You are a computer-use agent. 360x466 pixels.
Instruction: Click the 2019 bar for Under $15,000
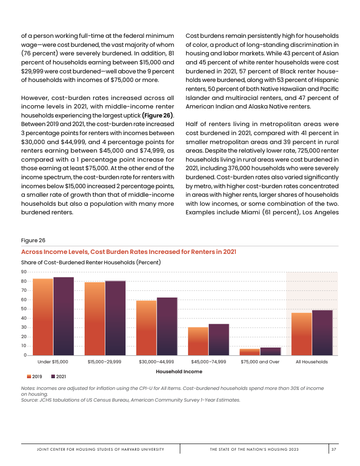point(43,317)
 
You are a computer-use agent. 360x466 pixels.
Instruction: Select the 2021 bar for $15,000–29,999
point(115,318)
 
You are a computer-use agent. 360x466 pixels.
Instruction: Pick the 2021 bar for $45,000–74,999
point(219,339)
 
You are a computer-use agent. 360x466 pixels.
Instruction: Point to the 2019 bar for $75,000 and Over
point(250,352)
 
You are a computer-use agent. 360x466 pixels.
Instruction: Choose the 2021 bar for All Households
point(322,333)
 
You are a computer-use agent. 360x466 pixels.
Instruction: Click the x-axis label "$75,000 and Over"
point(260,362)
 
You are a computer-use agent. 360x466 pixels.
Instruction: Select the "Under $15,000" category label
point(53,362)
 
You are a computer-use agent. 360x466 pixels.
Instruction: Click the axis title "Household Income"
point(179,371)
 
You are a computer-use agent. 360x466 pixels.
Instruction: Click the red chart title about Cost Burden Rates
point(129,251)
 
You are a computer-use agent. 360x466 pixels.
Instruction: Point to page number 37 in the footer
point(333,449)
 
